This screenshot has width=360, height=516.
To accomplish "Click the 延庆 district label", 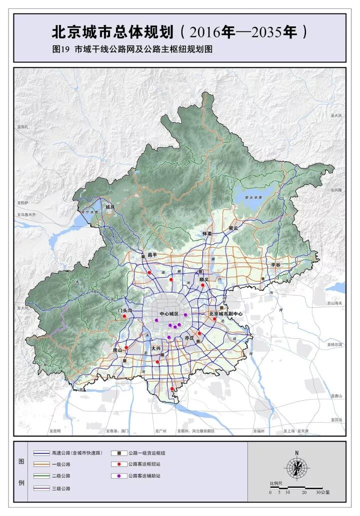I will [x=110, y=206].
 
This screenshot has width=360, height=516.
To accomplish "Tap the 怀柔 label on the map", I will [x=207, y=233].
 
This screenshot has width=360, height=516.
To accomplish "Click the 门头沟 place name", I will [x=124, y=310].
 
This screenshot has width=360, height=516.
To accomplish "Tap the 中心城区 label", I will [x=169, y=314].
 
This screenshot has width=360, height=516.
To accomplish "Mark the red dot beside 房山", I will [x=126, y=348].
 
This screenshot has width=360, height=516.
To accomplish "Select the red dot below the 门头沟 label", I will [x=124, y=316].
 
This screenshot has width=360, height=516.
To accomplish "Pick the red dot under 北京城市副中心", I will [x=214, y=319].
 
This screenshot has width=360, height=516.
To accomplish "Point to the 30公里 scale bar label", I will [x=322, y=492].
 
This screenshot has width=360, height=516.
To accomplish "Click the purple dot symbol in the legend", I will [x=118, y=476].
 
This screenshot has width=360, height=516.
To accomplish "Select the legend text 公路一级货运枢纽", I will [x=146, y=453].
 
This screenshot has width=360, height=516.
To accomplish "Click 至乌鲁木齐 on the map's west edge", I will [x=26, y=214].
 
